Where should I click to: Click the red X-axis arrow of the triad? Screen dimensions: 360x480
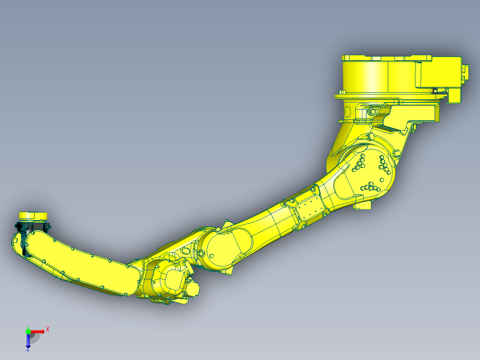tap(38, 331)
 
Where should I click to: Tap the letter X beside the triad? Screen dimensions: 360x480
tap(48, 329)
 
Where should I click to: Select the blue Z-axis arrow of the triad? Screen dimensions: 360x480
tap(28, 341)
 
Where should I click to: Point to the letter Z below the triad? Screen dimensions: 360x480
tap(28, 350)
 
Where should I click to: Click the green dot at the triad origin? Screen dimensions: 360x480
tap(28, 331)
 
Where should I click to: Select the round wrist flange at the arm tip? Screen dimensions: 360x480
tap(33, 216)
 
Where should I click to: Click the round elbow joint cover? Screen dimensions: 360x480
tap(225, 247)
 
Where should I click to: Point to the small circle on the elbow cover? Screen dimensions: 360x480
tap(212, 256)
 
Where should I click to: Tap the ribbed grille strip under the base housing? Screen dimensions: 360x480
tap(387, 128)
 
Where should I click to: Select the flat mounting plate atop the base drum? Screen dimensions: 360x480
tap(386, 58)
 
